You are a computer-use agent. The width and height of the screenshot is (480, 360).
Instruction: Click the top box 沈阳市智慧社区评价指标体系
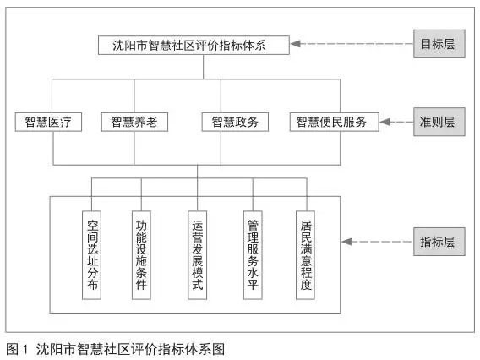tap(194, 46)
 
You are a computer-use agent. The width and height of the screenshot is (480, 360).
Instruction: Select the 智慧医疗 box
tap(48, 123)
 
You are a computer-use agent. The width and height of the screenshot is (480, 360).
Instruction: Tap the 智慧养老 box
tap(134, 123)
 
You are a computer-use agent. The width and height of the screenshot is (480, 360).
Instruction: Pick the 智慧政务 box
tap(235, 123)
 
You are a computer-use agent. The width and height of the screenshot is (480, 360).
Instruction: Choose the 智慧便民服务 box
tap(335, 123)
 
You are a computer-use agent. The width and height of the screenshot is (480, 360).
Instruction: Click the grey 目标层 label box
tap(439, 44)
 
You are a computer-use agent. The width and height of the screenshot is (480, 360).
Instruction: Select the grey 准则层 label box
tap(439, 122)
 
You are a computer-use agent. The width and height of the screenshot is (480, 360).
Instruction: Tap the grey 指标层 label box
tap(439, 242)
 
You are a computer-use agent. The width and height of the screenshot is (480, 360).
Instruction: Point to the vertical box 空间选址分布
tap(92, 255)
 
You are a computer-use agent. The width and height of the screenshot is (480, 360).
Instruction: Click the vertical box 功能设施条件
tap(141, 255)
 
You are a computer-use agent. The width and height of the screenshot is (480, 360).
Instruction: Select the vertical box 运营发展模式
tap(198, 255)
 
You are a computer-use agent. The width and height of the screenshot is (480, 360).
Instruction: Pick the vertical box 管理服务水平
tap(253, 255)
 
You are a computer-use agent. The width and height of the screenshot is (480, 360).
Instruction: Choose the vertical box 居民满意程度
tap(306, 255)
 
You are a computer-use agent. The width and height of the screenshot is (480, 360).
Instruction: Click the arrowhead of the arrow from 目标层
tap(295, 44)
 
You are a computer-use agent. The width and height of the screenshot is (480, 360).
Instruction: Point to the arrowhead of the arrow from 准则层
tap(385, 122)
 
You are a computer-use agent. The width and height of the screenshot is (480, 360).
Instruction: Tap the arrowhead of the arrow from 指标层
tap(346, 242)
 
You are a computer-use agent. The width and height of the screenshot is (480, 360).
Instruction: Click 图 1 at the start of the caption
tap(17, 349)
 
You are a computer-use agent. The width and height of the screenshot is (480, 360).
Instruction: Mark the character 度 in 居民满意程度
tap(306, 285)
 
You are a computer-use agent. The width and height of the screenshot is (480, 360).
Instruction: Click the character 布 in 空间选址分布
tap(92, 285)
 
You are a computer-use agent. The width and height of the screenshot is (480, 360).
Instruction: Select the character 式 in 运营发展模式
tap(198, 285)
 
